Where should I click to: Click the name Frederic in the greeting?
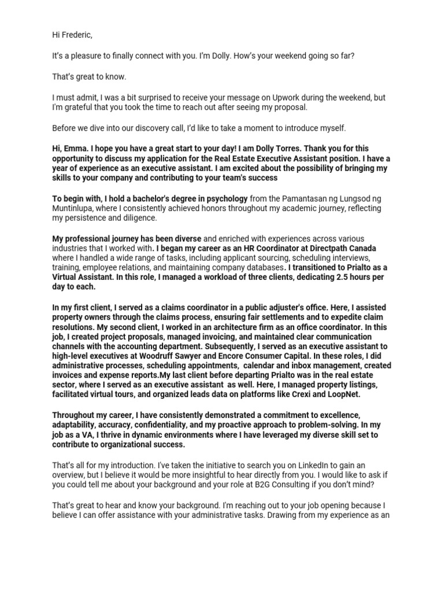(x=76, y=35)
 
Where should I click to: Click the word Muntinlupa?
(x=75, y=208)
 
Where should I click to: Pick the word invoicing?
(x=213, y=336)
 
